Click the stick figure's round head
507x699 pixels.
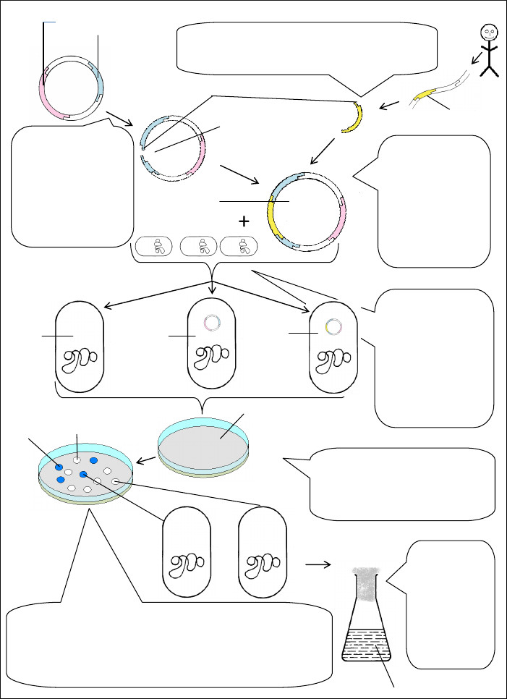point(489,33)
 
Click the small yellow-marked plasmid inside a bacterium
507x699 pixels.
point(333,326)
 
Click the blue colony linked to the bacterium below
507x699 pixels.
point(84,474)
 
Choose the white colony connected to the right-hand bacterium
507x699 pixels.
point(115,482)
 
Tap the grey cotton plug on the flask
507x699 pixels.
point(365,584)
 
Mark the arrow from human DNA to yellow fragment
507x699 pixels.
point(390,106)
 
